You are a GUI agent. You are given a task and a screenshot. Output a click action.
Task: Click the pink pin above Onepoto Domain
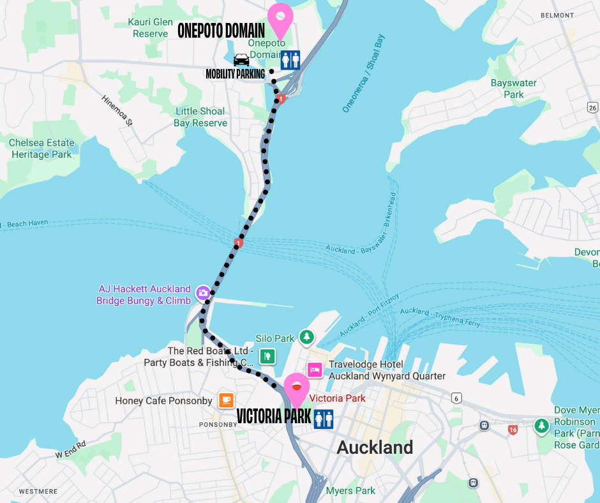point(280,19)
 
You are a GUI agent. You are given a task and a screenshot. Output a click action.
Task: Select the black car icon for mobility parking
point(241,60)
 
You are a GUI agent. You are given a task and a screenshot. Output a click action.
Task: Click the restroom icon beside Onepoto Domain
point(290,60)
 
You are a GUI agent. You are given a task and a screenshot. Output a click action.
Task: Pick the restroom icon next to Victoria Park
point(324,419)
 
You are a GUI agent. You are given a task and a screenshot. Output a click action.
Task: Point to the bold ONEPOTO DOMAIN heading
point(221,31)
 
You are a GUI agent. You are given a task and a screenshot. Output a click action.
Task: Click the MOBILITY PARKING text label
point(235,75)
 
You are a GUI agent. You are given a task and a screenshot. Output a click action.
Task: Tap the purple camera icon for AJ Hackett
point(203,293)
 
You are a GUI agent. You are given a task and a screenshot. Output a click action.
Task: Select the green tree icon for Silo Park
point(307,336)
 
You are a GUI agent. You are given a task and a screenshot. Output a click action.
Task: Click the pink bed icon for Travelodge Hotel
point(315,370)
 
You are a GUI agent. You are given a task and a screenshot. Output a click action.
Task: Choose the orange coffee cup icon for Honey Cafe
point(226,400)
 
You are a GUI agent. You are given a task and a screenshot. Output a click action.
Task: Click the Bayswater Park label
point(513,89)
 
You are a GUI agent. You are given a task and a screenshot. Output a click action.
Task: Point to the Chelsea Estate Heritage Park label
point(41,148)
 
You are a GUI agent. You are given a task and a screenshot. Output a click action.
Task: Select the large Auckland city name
point(375,447)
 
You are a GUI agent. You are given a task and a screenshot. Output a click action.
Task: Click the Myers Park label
point(350,490)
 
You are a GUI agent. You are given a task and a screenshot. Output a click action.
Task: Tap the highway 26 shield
point(592,107)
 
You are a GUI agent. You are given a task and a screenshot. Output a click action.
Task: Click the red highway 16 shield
point(513,430)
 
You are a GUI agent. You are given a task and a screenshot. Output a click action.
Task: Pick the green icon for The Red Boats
point(267,356)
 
